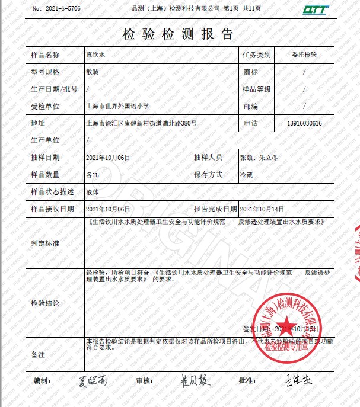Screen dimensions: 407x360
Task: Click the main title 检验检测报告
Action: click(178, 33)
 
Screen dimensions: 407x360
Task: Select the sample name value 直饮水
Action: click(95, 55)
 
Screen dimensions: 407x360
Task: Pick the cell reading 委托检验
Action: click(304, 55)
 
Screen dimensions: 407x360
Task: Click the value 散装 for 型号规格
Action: click(93, 72)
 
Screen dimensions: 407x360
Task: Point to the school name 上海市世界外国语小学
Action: click(117, 106)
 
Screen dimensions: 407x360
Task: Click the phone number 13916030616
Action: click(303, 123)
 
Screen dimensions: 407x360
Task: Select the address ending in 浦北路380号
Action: click(141, 123)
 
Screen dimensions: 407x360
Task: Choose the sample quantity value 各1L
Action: click(94, 175)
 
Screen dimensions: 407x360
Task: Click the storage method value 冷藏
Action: click(246, 175)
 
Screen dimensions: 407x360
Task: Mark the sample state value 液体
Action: click(93, 192)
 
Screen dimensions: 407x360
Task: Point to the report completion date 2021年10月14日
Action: click(262, 209)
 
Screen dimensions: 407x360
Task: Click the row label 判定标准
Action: click(45, 243)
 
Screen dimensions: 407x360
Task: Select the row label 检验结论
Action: click(45, 303)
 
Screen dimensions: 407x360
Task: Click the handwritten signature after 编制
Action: click(91, 380)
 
